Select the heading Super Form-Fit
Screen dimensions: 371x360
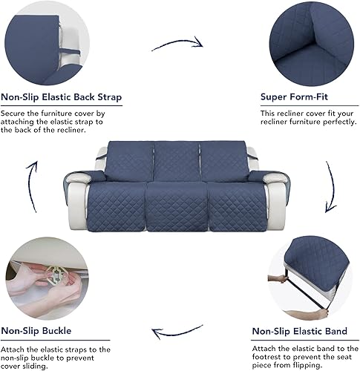[x=295, y=97]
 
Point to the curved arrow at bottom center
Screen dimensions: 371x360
[x=177, y=332]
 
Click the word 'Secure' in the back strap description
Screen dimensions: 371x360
[x=14, y=114]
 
